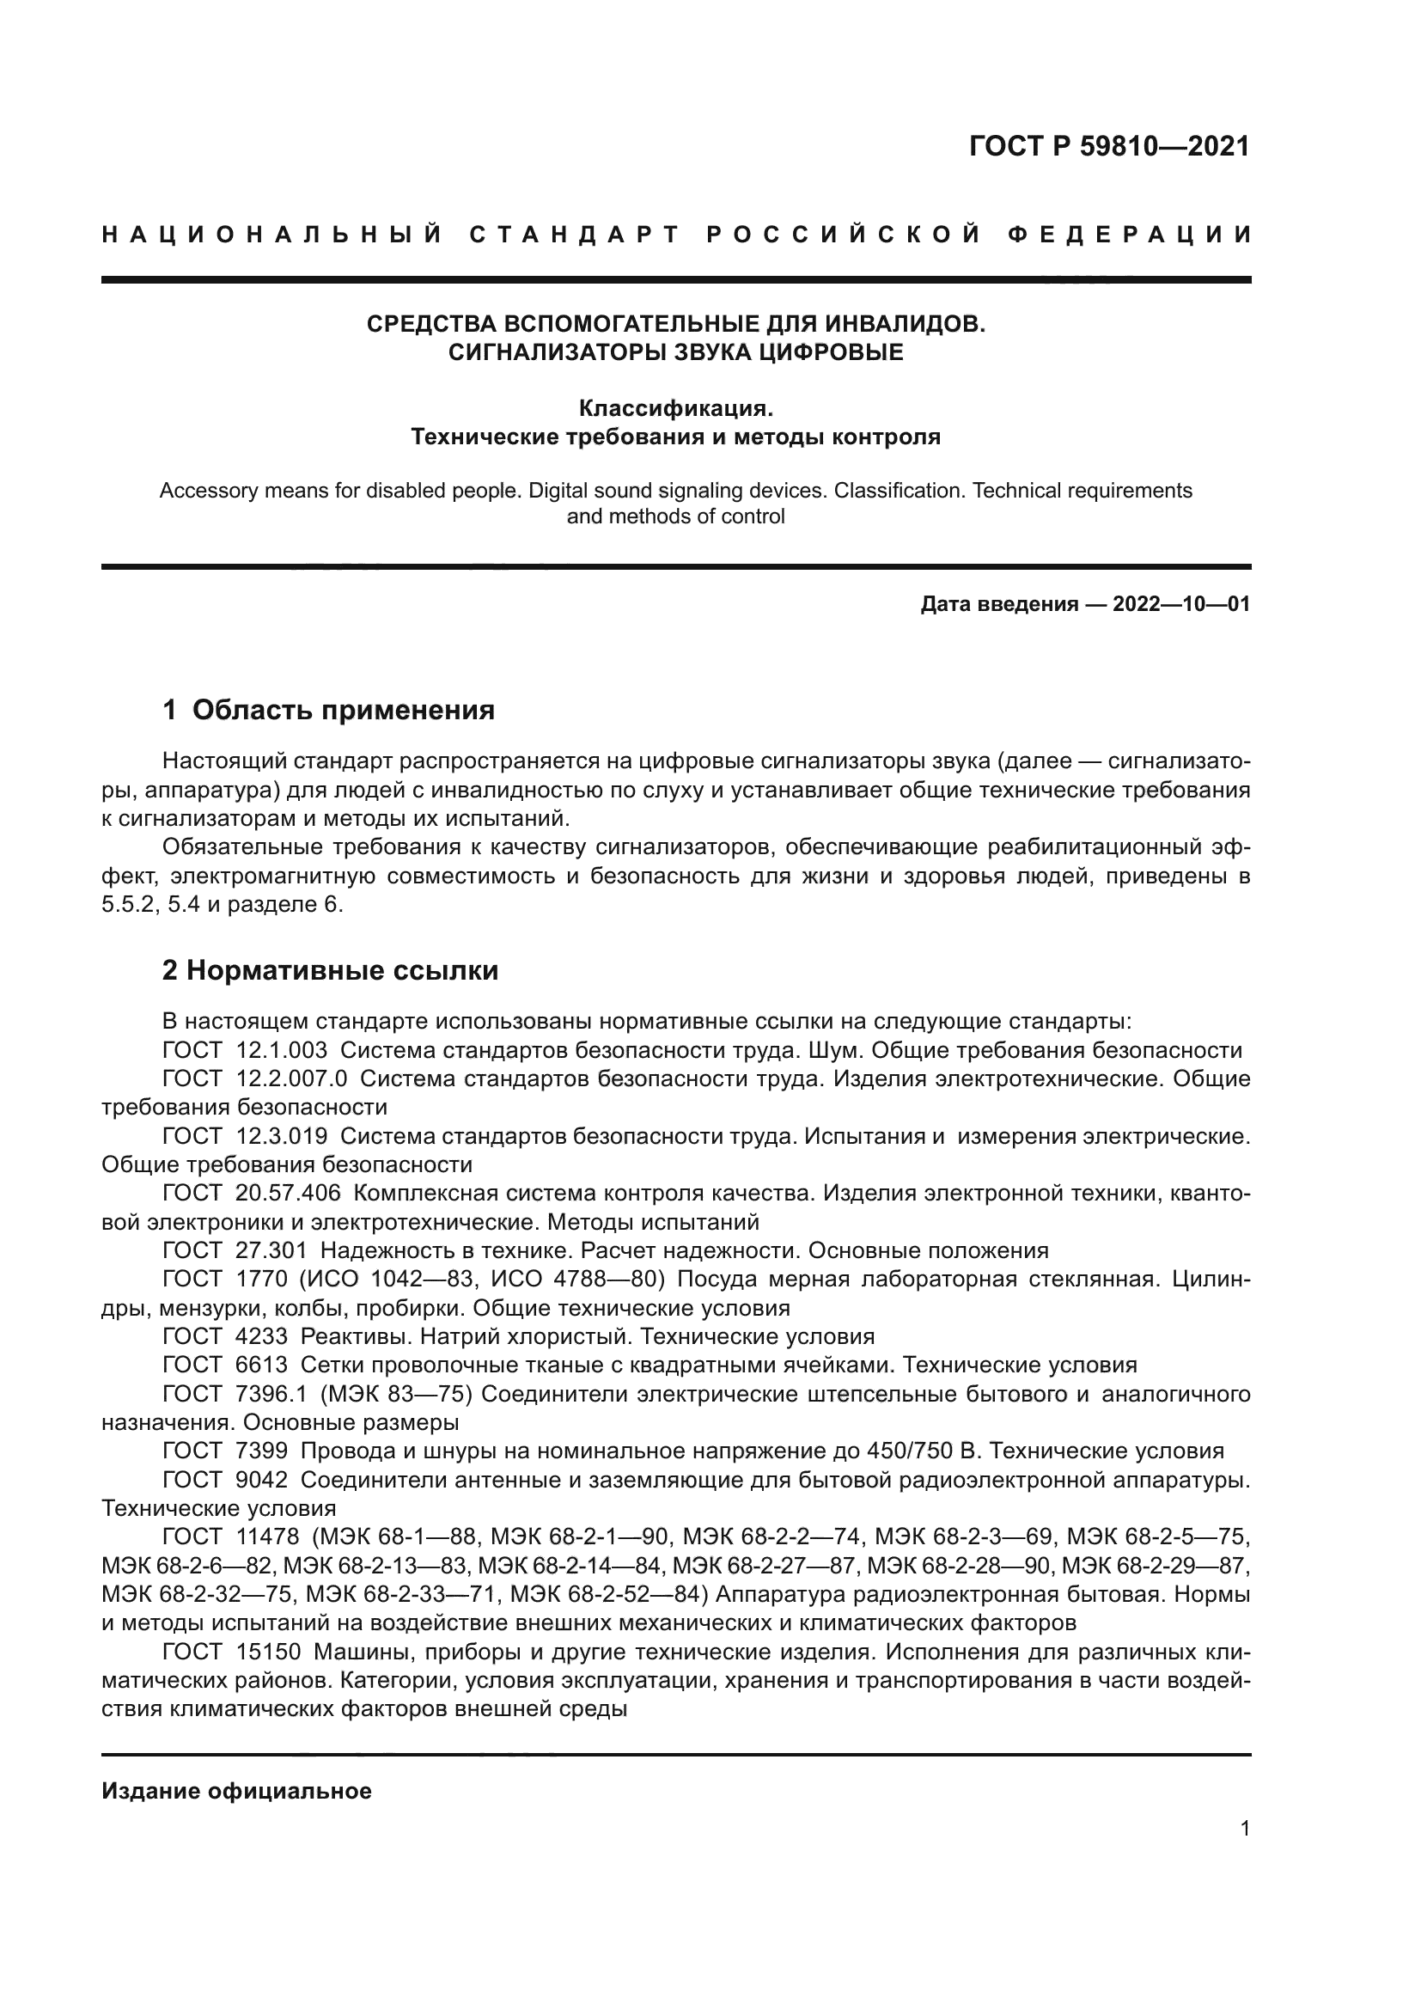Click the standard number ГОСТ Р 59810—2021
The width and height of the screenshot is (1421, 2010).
(1108, 146)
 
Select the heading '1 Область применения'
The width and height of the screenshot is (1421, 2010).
(329, 710)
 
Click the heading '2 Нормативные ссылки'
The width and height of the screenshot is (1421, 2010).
(330, 970)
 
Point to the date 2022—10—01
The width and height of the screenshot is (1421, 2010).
(1181, 604)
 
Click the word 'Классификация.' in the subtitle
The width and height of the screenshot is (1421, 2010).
(675, 409)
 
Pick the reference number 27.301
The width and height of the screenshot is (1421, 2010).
(271, 1250)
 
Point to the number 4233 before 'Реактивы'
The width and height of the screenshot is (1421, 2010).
(262, 1337)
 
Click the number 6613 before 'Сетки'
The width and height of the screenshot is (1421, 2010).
(262, 1365)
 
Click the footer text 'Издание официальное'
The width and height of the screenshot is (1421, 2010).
(236, 1791)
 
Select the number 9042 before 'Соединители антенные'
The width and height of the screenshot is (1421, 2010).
(262, 1480)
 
